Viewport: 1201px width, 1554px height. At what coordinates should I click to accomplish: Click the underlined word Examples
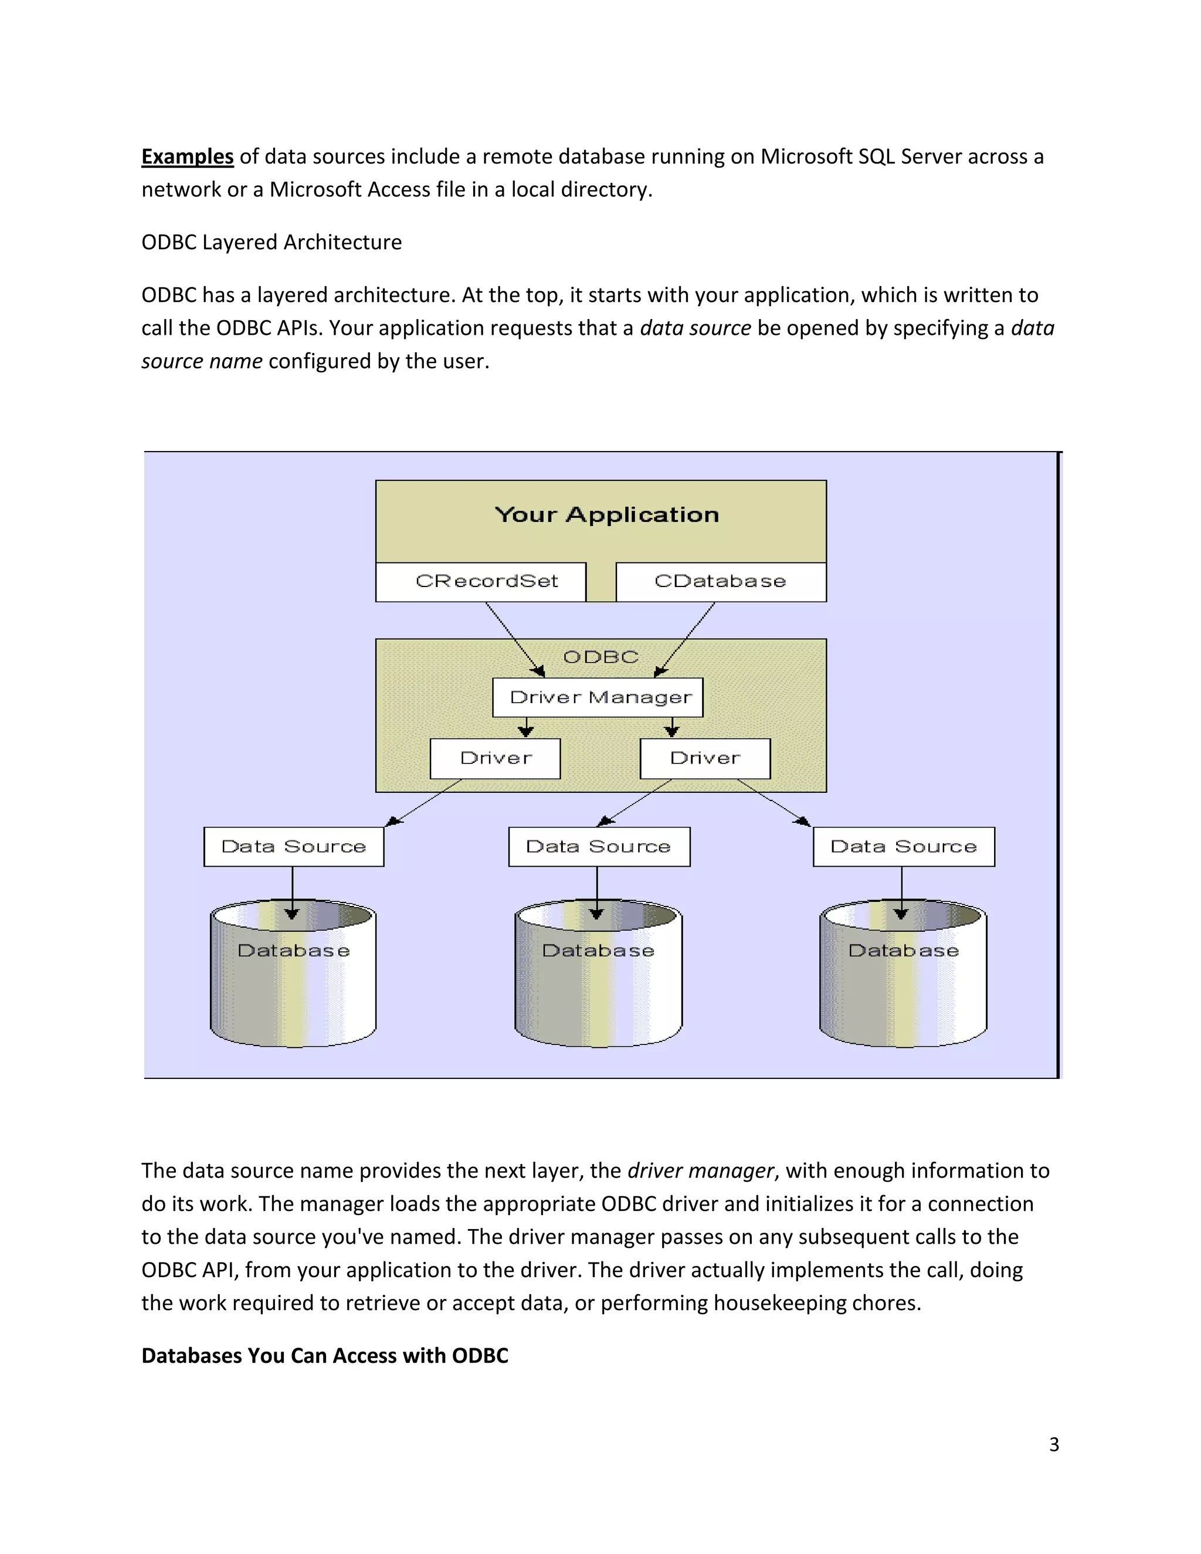pyautogui.click(x=187, y=157)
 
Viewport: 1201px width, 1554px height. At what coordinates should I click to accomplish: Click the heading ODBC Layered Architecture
pyautogui.click(x=271, y=242)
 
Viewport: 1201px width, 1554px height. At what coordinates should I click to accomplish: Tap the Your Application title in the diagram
pyautogui.click(x=606, y=514)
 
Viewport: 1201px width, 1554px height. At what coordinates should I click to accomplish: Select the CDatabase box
pyautogui.click(x=720, y=581)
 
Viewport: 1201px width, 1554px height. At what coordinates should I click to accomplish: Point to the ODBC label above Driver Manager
pyautogui.click(x=600, y=657)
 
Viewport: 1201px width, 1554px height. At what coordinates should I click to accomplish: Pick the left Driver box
pyautogui.click(x=495, y=758)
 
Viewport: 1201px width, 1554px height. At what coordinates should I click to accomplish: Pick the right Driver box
pyautogui.click(x=705, y=758)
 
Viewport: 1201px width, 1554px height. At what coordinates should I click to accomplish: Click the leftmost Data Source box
pyautogui.click(x=293, y=846)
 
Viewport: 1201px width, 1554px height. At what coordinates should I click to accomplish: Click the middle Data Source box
pyautogui.click(x=598, y=846)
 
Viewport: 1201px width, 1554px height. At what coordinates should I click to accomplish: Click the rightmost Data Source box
pyautogui.click(x=904, y=846)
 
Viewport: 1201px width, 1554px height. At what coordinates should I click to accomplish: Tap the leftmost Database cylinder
pyautogui.click(x=293, y=982)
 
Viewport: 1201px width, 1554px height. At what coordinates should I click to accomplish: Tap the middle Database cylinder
pyautogui.click(x=598, y=982)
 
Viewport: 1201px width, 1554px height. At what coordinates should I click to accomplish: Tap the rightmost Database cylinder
pyautogui.click(x=903, y=982)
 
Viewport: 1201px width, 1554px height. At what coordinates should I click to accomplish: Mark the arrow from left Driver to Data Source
pyautogui.click(x=425, y=802)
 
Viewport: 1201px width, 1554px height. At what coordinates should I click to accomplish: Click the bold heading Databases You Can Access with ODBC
pyautogui.click(x=324, y=1355)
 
